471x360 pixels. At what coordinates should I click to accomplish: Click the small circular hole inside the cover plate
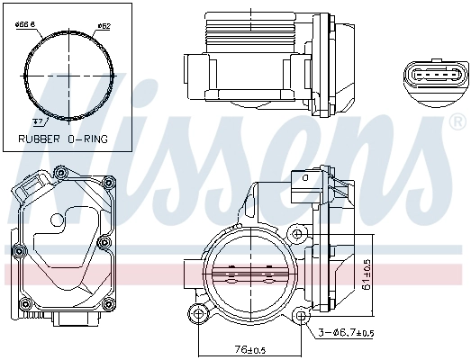click(57, 219)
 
